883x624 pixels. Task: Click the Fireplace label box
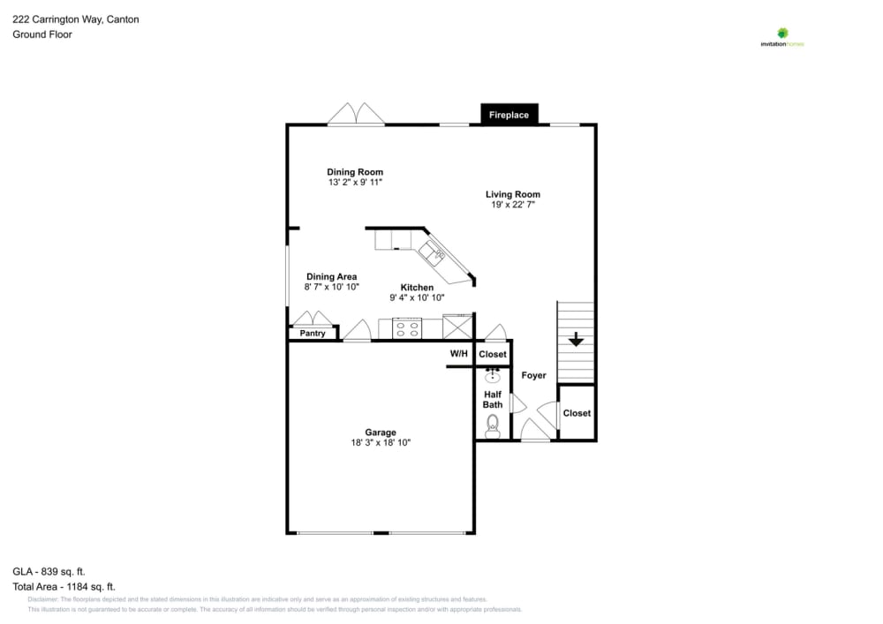tap(509, 115)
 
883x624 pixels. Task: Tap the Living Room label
tap(512, 194)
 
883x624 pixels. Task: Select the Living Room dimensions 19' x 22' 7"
tap(513, 205)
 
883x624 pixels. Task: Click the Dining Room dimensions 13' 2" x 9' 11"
tap(355, 183)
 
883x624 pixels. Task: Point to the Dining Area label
tap(331, 276)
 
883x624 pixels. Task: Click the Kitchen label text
tap(417, 288)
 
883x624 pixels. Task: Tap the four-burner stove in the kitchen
tap(407, 329)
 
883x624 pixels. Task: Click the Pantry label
tap(313, 334)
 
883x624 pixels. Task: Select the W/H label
tap(459, 354)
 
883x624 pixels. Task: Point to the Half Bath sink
tap(493, 377)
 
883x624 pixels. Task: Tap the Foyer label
tap(533, 375)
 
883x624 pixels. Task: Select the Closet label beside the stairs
tap(577, 413)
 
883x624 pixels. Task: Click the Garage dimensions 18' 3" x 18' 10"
tap(381, 443)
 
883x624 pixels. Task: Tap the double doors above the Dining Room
tap(356, 115)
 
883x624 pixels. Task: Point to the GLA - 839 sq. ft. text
tap(49, 571)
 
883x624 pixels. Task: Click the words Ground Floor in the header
tap(42, 34)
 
